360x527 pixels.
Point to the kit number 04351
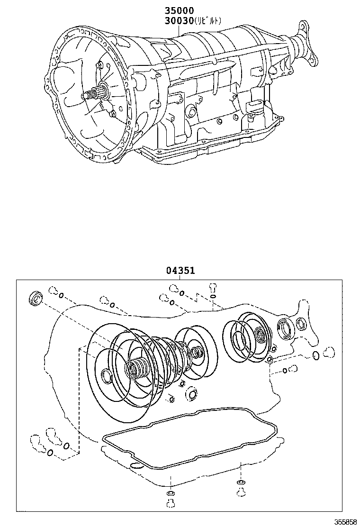click(180, 271)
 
